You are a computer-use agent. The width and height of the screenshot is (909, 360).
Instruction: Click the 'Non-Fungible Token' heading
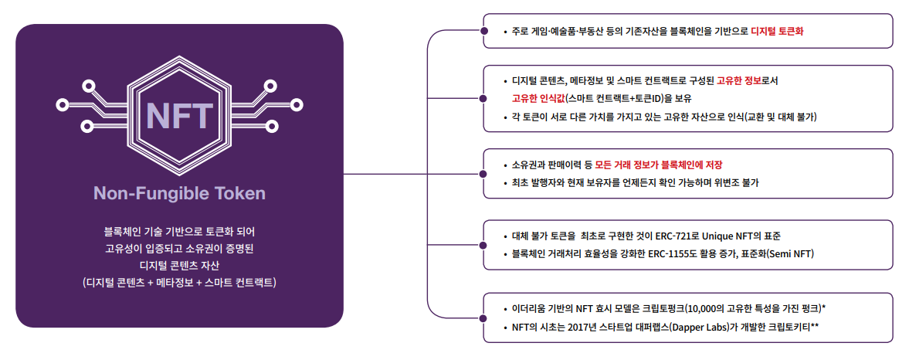pos(179,193)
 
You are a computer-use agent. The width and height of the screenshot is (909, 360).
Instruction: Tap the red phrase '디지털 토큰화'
pos(778,32)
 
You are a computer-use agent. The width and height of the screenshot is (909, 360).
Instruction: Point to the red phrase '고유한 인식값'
pos(538,98)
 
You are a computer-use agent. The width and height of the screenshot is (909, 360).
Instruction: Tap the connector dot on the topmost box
pos(483,32)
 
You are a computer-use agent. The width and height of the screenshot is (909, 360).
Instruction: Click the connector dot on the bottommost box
pos(483,318)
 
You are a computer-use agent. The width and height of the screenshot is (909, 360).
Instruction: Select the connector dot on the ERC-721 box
pos(483,245)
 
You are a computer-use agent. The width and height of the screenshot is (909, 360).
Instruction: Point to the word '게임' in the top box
pos(543,32)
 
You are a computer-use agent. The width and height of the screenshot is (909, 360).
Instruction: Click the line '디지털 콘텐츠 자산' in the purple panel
pos(179,266)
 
